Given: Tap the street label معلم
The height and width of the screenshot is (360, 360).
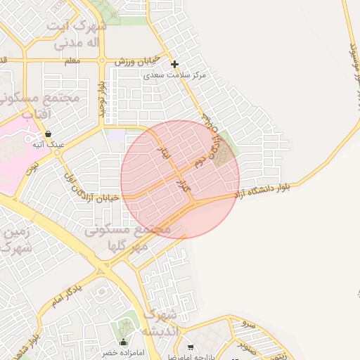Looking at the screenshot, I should pos(71,61).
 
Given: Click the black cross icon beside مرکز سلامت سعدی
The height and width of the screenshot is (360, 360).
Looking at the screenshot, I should pos(174,65).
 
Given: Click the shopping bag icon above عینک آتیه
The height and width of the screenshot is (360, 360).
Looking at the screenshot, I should pos(48,134).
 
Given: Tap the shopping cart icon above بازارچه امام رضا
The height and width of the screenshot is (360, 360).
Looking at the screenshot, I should pos(191,347).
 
